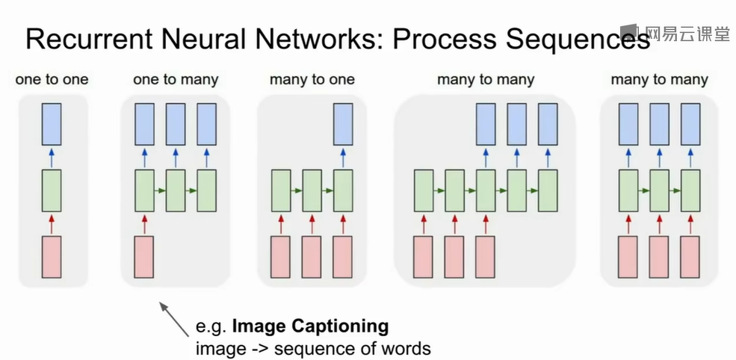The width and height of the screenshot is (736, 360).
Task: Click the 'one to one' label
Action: pyautogui.click(x=52, y=79)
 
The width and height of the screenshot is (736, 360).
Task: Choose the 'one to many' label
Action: pyautogui.click(x=176, y=79)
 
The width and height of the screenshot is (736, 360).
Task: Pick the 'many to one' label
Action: pyautogui.click(x=312, y=79)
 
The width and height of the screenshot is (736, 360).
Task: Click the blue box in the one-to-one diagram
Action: pyautogui.click(x=52, y=124)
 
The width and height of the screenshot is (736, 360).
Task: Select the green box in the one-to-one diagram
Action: pyautogui.click(x=52, y=190)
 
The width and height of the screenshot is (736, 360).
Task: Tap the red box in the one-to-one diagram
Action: pyautogui.click(x=52, y=257)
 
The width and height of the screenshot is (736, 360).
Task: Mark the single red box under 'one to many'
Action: pyautogui.click(x=144, y=257)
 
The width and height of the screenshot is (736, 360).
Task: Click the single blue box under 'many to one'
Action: pyautogui.click(x=343, y=124)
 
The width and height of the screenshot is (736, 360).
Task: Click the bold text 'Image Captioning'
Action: pyautogui.click(x=310, y=326)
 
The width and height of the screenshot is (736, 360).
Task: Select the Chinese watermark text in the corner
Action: pyautogui.click(x=684, y=33)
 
